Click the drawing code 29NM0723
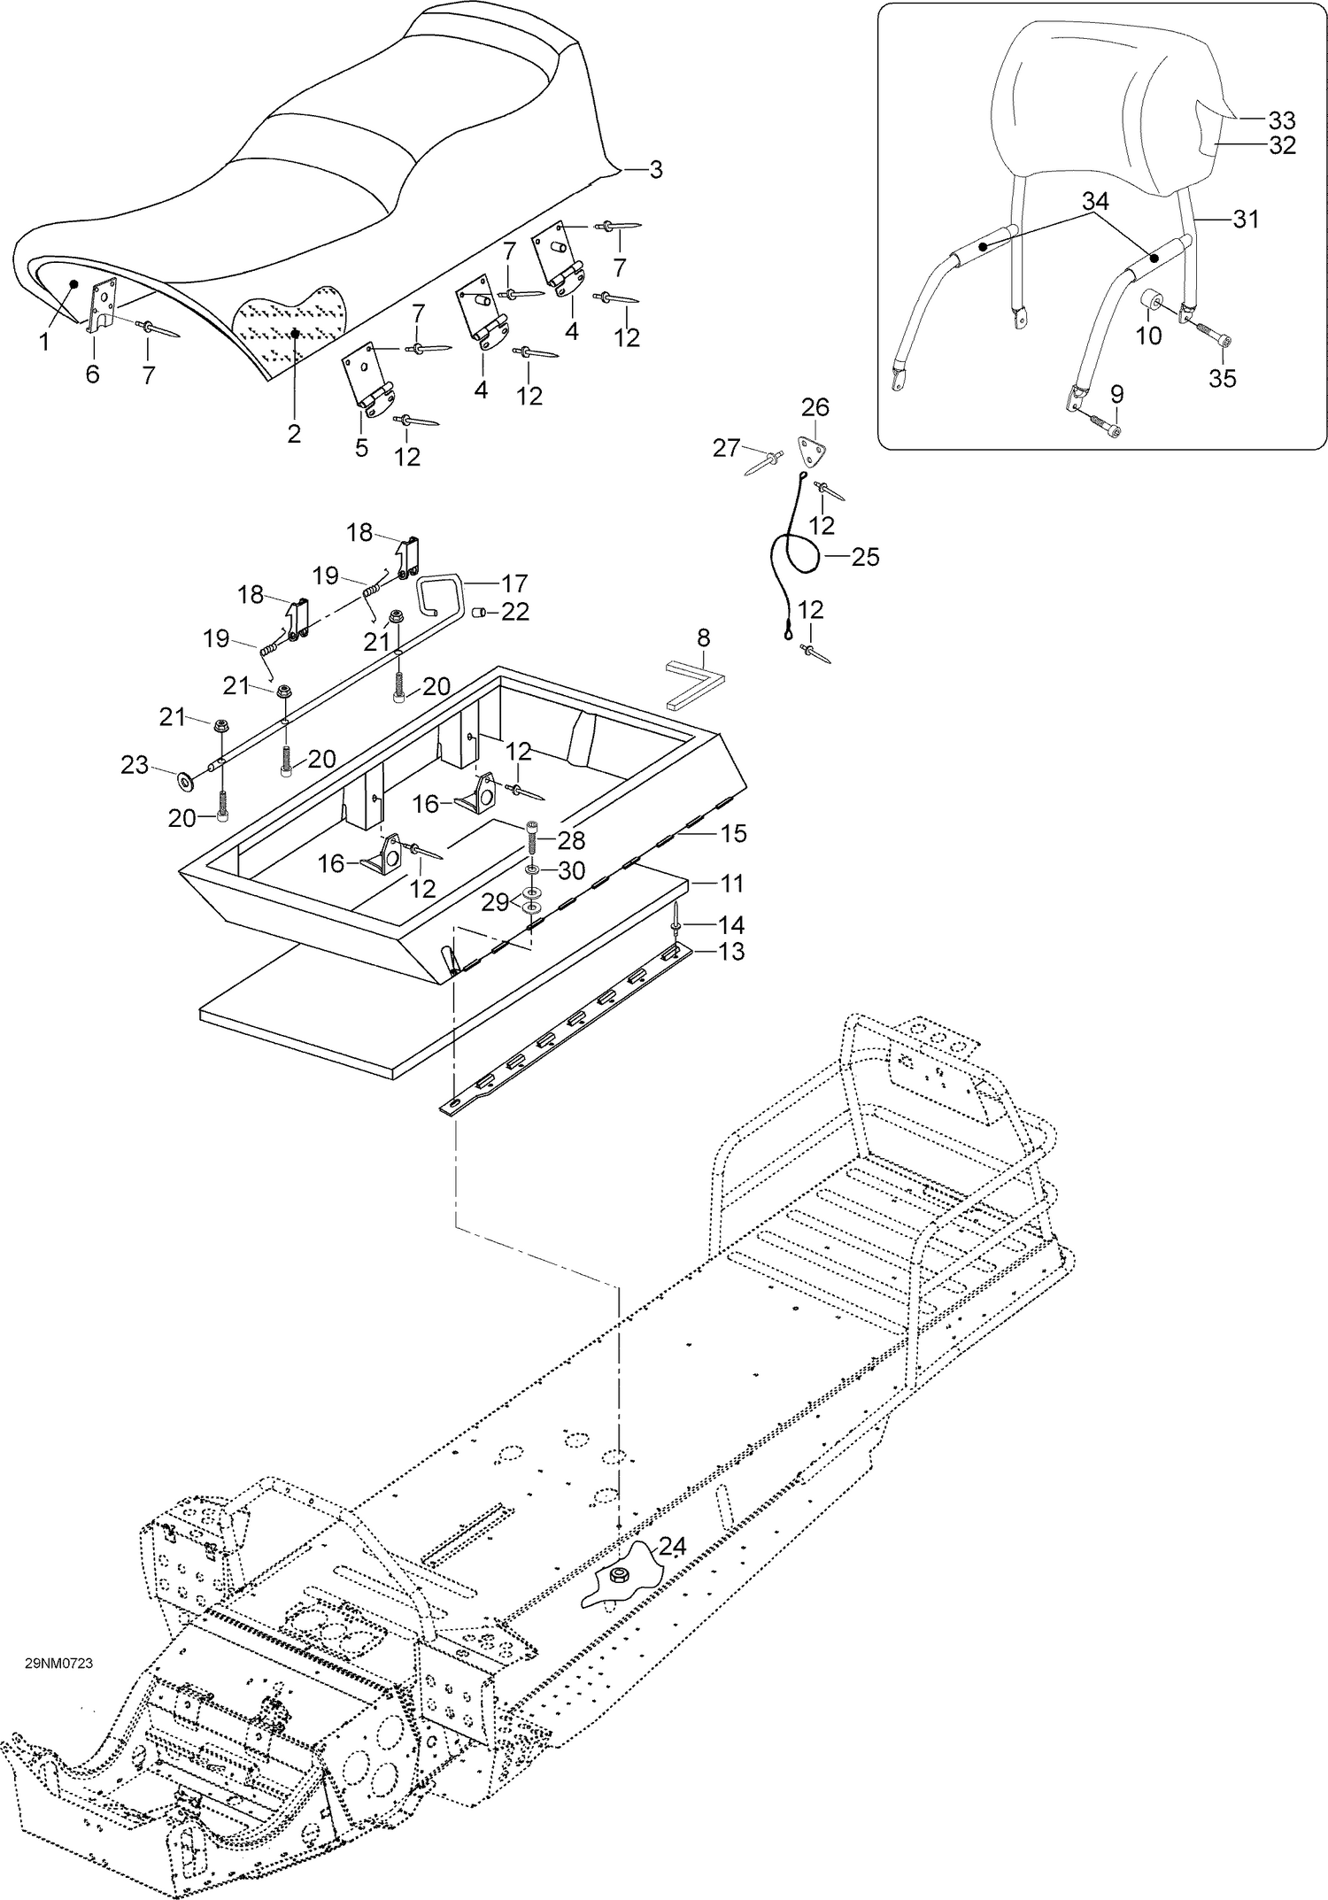[58, 1663]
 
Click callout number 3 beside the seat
[655, 170]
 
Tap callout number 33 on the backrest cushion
[1281, 120]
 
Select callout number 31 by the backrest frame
[1246, 219]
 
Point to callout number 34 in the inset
[1095, 202]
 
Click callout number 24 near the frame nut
[672, 1546]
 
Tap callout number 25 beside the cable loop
[865, 557]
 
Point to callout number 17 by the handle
[513, 583]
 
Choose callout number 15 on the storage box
[733, 833]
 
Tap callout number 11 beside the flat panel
[731, 884]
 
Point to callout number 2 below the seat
[293, 434]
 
